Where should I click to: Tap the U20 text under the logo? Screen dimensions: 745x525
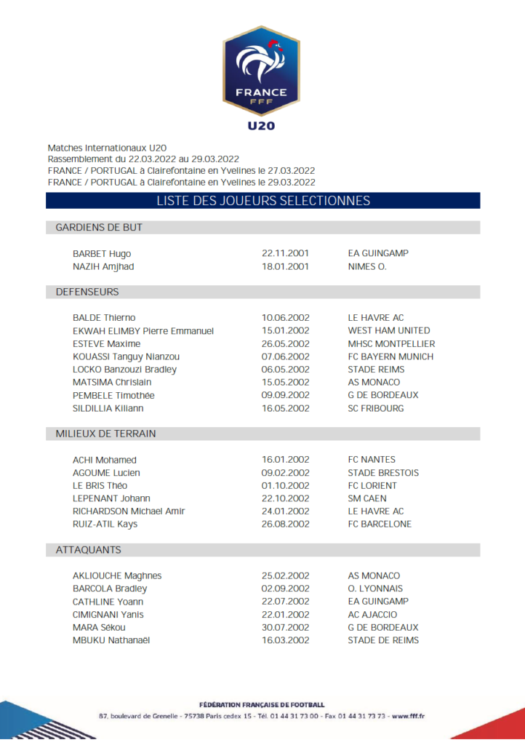tap(261, 126)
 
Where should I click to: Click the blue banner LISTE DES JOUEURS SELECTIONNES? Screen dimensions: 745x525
tap(262, 201)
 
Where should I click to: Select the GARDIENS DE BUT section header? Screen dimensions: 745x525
tap(99, 228)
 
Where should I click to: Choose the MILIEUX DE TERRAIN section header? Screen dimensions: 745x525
tap(105, 434)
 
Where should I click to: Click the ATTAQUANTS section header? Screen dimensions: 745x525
tap(88, 550)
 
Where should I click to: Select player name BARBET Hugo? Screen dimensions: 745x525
tap(102, 254)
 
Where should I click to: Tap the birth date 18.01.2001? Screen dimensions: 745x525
tap(285, 266)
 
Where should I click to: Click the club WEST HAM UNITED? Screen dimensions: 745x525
tap(389, 331)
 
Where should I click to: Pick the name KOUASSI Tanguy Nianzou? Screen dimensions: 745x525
tap(126, 356)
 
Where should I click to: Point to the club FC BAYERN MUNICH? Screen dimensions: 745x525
tap(390, 356)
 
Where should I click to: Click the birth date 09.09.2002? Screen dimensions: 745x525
tap(285, 396)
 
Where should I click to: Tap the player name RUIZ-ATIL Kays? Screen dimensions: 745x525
tap(105, 524)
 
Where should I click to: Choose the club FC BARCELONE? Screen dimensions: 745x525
tap(380, 524)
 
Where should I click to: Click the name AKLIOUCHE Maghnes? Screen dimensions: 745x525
tap(117, 575)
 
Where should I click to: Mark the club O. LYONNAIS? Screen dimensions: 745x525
tap(375, 589)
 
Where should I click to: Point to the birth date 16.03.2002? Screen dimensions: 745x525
tap(285, 640)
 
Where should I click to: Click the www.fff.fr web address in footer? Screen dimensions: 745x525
tap(409, 716)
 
